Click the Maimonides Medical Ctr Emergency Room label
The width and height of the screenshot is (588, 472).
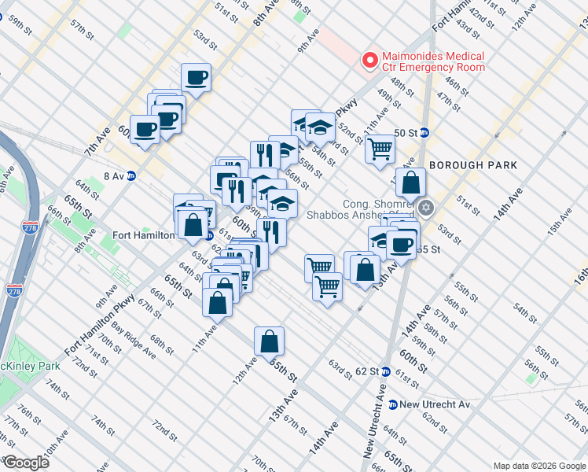[x=432, y=62]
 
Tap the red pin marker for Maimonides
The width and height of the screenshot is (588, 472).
[x=367, y=60]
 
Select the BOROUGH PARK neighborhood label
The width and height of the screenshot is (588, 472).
[x=472, y=165]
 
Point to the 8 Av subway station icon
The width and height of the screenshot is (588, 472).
[x=132, y=176]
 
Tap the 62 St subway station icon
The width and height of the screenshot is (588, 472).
[x=386, y=371]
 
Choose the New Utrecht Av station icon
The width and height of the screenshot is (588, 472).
[x=392, y=404]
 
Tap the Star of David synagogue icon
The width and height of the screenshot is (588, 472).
[x=427, y=208]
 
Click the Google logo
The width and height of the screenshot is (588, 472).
[x=26, y=463]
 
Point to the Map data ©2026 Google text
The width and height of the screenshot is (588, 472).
[x=538, y=466]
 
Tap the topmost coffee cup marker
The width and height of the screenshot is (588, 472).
[x=197, y=78]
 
